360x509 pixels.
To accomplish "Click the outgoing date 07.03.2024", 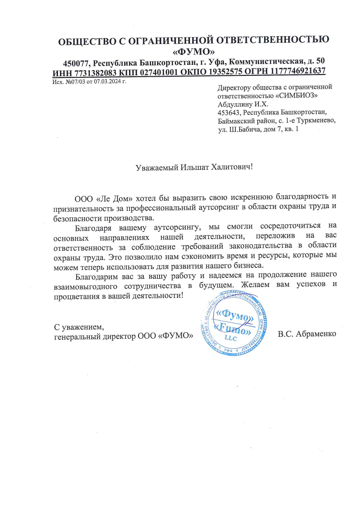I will click(x=107, y=81).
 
